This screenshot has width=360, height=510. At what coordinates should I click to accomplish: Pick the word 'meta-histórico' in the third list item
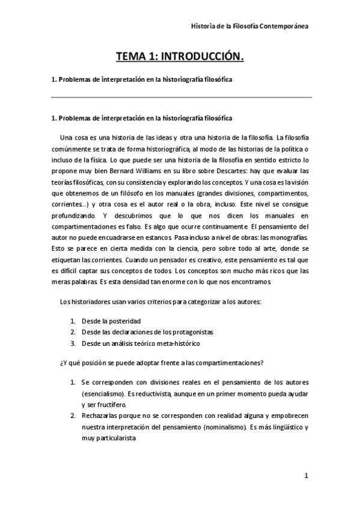[x=178, y=343]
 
